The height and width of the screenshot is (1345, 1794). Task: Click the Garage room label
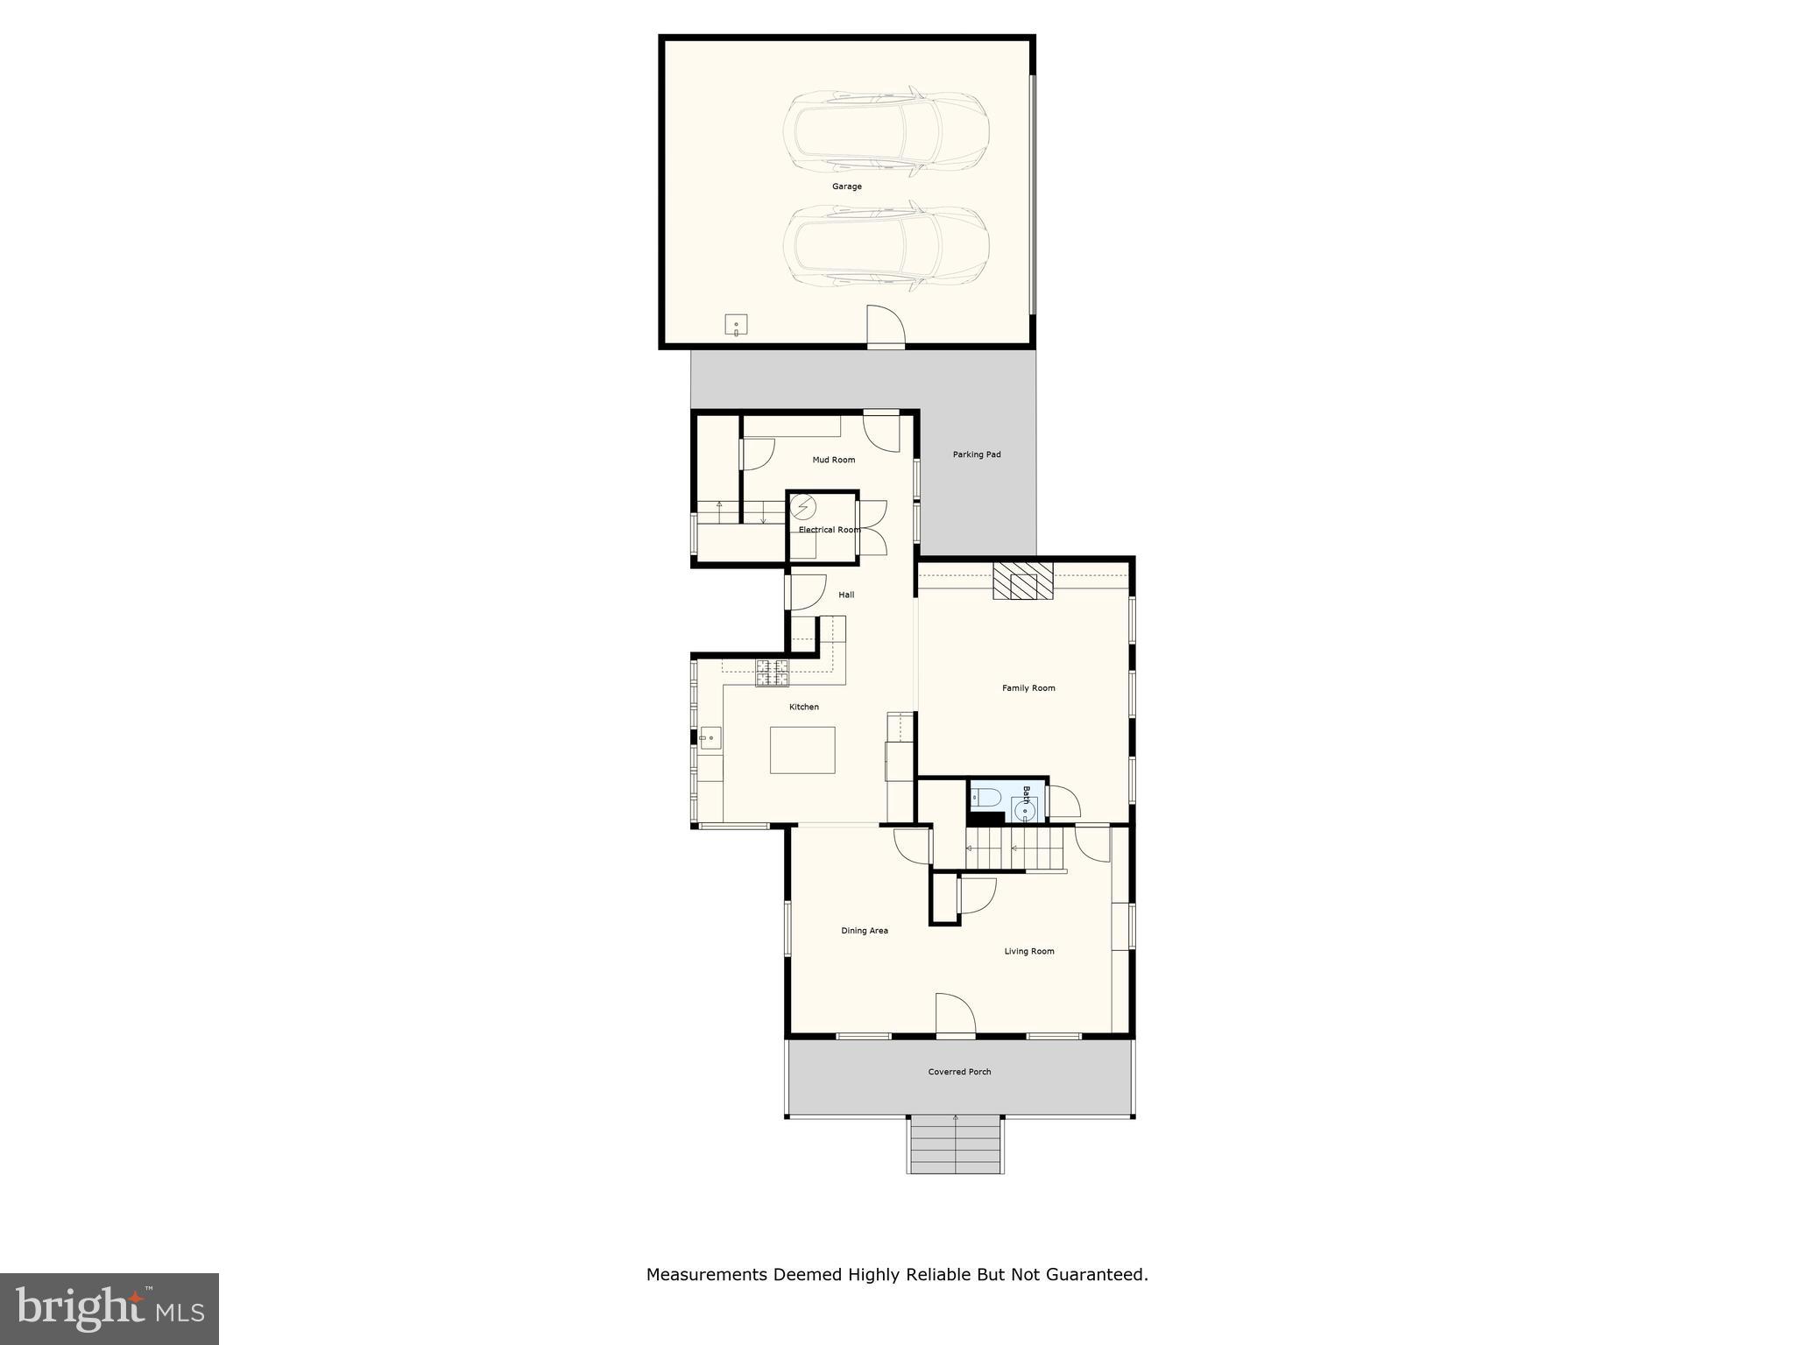click(x=846, y=187)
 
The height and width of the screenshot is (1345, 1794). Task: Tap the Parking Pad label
click(x=976, y=454)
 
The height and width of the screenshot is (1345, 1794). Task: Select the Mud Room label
click(x=833, y=460)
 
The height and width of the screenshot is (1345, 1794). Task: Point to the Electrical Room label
click(x=829, y=530)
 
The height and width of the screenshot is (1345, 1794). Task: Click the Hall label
click(x=845, y=595)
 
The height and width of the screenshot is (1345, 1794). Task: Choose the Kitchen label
click(x=803, y=707)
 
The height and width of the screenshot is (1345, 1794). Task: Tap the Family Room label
click(x=1028, y=688)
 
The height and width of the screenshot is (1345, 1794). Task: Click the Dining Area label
click(x=864, y=931)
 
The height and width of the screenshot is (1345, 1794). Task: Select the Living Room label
click(x=1028, y=951)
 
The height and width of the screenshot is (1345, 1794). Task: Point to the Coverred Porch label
click(x=959, y=1072)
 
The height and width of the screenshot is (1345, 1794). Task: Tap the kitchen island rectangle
click(x=802, y=750)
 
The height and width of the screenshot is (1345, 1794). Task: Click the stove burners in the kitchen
click(x=772, y=672)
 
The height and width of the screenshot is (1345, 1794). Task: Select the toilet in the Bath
click(x=987, y=797)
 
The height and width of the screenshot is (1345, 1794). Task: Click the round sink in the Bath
click(x=1023, y=812)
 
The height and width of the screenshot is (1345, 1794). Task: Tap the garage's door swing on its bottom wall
click(x=885, y=327)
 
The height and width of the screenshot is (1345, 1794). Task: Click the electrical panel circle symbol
click(x=803, y=507)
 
